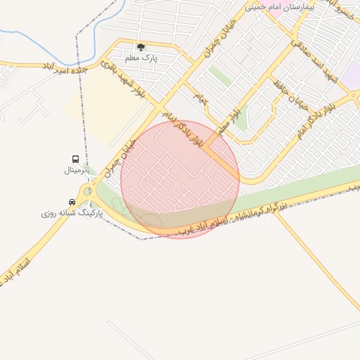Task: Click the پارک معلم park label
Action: coord(141,58)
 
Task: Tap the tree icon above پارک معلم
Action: coord(141,48)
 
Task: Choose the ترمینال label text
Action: coord(75,169)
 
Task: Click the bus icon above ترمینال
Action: coord(75,159)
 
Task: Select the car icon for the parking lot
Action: coord(72,202)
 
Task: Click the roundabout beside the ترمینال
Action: coord(87,192)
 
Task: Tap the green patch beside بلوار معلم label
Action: coord(241,121)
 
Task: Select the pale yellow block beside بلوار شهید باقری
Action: coord(105,105)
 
